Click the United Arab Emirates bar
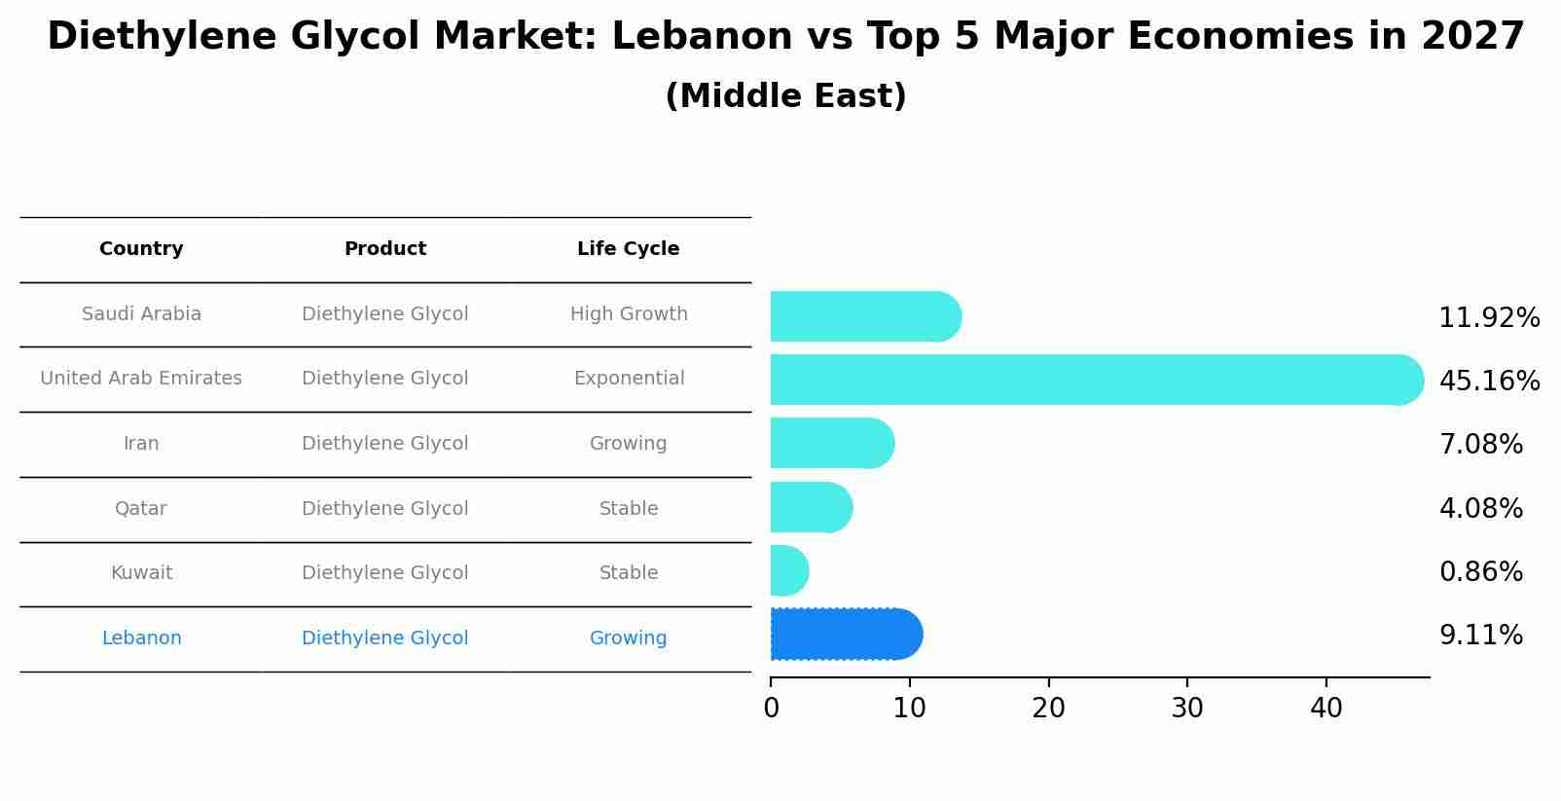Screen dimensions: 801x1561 1095,380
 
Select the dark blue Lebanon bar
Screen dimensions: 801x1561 845,635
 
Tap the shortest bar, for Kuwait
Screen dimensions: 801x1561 788,570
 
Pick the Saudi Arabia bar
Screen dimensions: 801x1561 864,316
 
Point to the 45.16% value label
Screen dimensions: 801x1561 1489,381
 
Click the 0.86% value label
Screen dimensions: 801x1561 1480,571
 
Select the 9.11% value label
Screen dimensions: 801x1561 1480,636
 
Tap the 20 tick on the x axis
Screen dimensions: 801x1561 1048,709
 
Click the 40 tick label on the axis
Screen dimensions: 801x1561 1325,709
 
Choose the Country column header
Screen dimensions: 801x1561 141,249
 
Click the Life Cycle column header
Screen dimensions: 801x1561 628,249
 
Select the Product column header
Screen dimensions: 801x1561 385,249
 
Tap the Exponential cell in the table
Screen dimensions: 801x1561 629,379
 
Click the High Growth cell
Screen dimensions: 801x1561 629,314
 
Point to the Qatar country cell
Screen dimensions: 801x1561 141,509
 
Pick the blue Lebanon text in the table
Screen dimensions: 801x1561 141,638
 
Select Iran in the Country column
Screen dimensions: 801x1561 141,444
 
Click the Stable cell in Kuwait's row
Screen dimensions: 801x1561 629,573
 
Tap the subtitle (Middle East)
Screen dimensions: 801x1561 785,96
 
